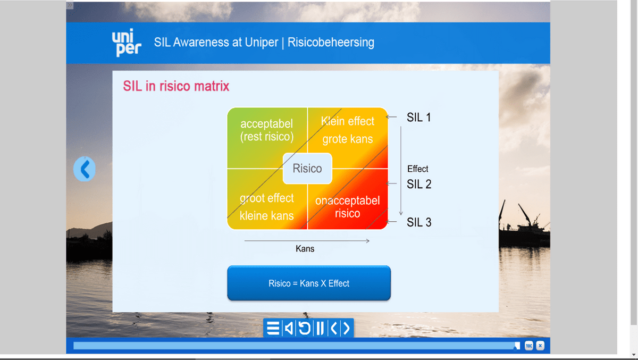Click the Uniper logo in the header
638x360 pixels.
127,42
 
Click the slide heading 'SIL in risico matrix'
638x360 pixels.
176,86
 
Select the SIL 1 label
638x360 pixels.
418,118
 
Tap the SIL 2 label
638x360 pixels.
419,185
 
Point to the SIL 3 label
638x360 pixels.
419,223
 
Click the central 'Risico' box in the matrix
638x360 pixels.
307,169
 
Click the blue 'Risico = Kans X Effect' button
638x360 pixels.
309,283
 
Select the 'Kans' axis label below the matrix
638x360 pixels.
305,248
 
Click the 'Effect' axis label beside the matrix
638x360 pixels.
417,169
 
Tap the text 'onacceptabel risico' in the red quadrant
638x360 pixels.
347,207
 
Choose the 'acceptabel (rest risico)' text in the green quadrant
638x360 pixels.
266,130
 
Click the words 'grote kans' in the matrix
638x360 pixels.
347,139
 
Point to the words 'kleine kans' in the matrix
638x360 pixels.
266,215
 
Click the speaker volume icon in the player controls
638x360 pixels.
288,328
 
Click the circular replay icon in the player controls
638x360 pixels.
304,328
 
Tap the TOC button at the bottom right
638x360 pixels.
528,346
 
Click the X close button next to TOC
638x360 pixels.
540,346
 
